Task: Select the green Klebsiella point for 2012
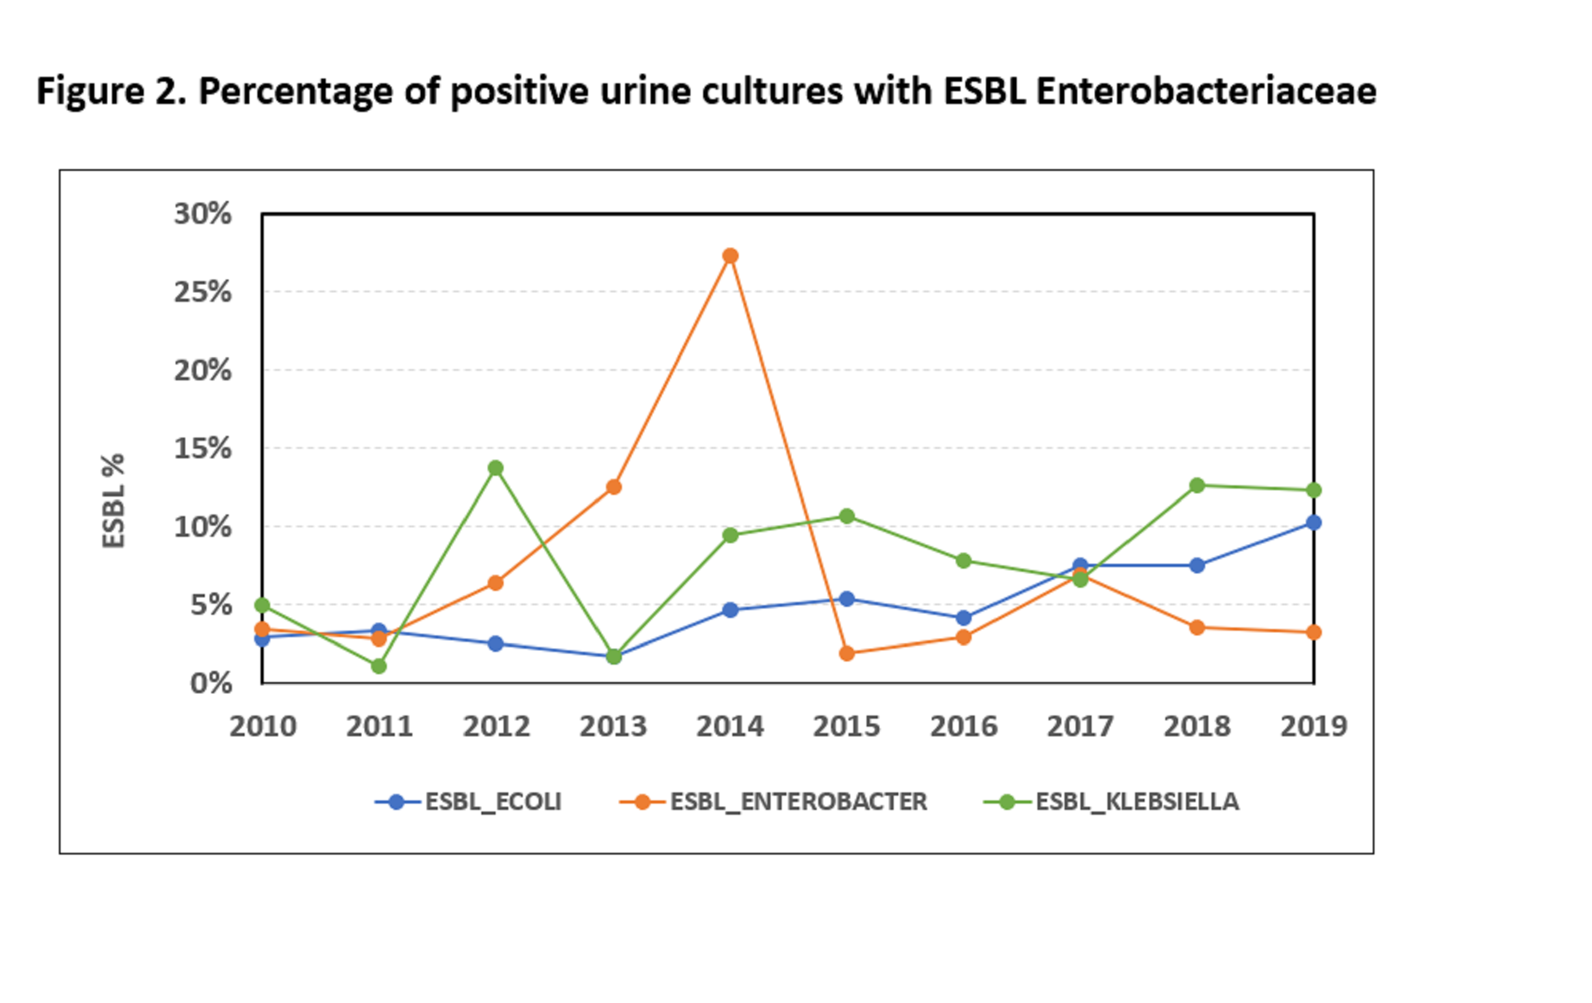tap(496, 468)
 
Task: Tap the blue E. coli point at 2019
tap(1313, 522)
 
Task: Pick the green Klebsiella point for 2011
tap(379, 666)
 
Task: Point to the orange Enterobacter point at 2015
tap(847, 653)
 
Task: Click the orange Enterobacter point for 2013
tap(613, 487)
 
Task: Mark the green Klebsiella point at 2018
tap(1197, 486)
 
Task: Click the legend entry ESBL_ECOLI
tap(492, 801)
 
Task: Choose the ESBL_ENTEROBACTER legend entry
tap(798, 801)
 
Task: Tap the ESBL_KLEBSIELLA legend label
tap(1137, 801)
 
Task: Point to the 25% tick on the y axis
tap(202, 292)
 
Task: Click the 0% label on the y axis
tap(211, 683)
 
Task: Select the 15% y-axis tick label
tap(202, 449)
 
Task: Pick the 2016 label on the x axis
tap(963, 726)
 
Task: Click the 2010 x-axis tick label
tap(263, 726)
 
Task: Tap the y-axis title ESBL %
tap(113, 500)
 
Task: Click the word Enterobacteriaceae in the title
tap(1206, 91)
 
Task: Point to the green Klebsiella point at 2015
tap(847, 516)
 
